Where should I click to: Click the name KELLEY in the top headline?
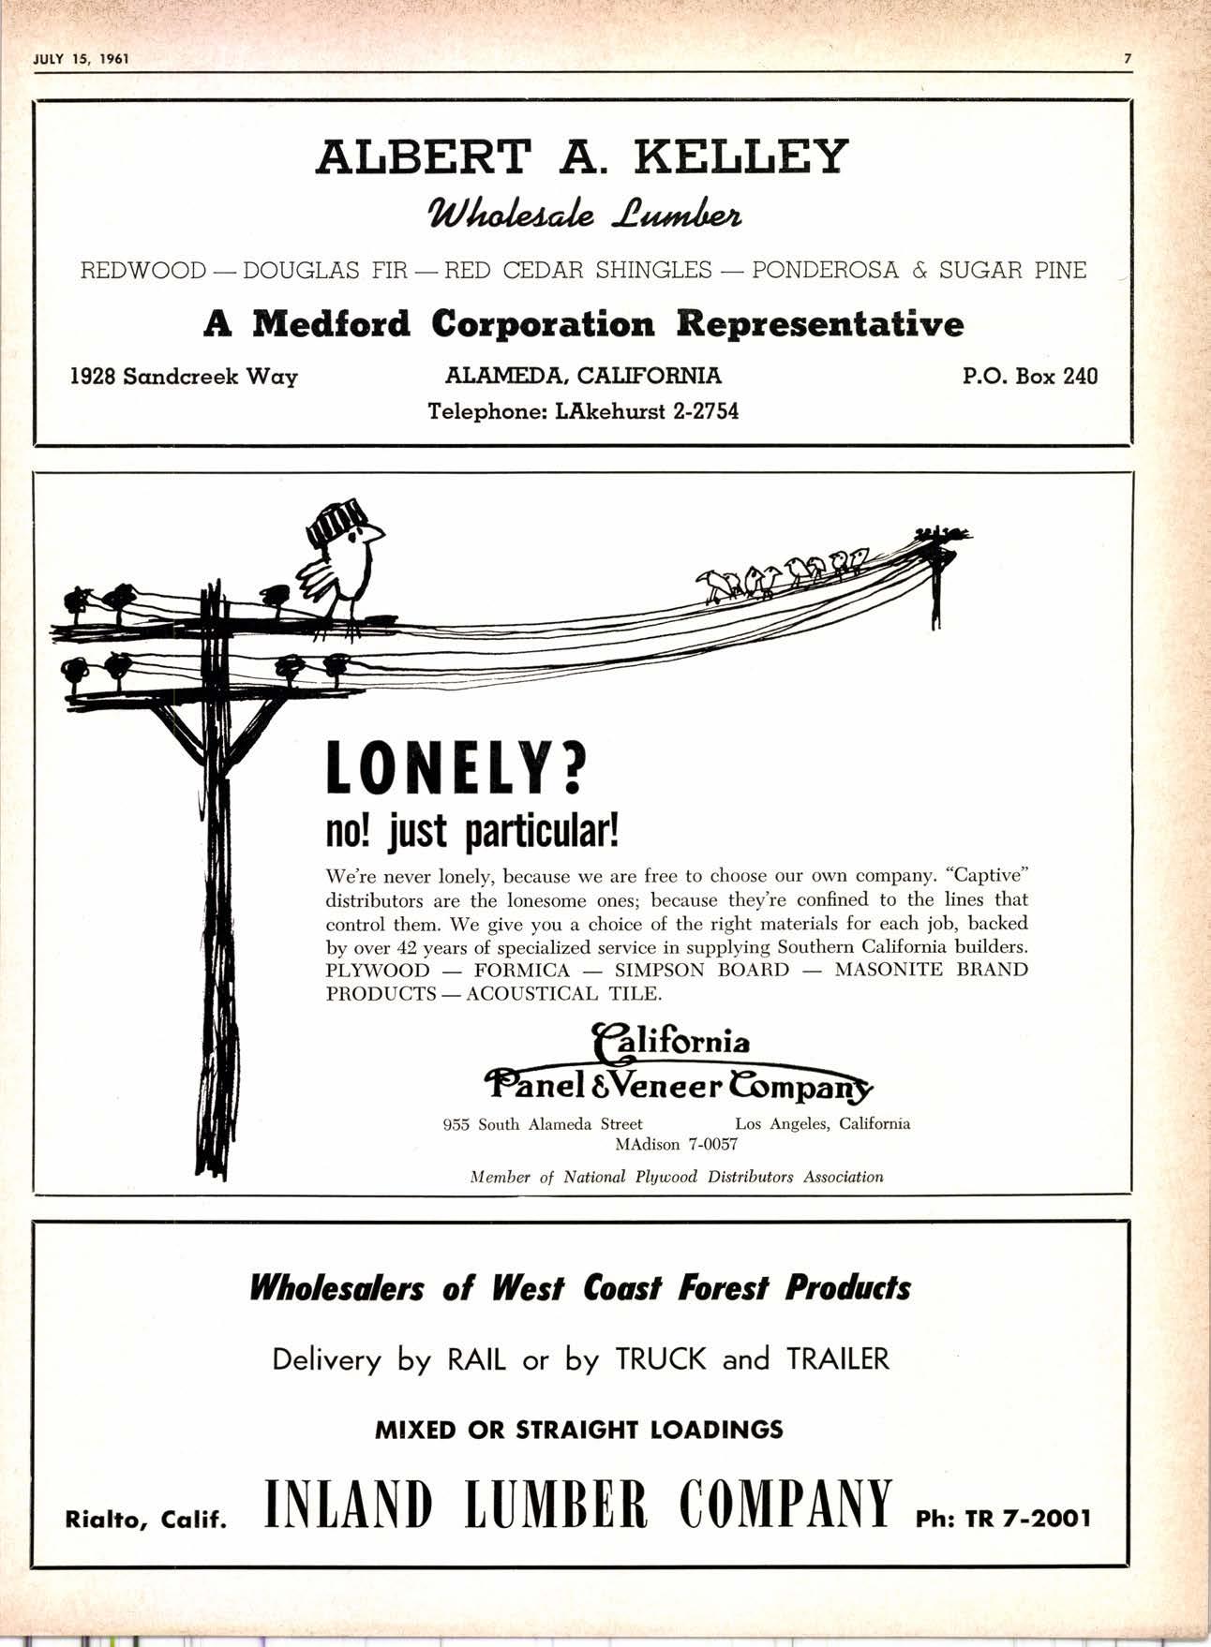click(x=740, y=156)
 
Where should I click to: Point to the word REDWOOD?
click(x=143, y=272)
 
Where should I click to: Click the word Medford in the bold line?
click(x=333, y=324)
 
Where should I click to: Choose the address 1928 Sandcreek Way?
click(x=185, y=377)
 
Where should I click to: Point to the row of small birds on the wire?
click(x=783, y=574)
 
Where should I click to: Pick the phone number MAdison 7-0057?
click(x=677, y=1144)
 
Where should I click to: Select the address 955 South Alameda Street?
click(x=543, y=1123)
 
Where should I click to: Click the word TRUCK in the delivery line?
click(x=661, y=1358)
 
